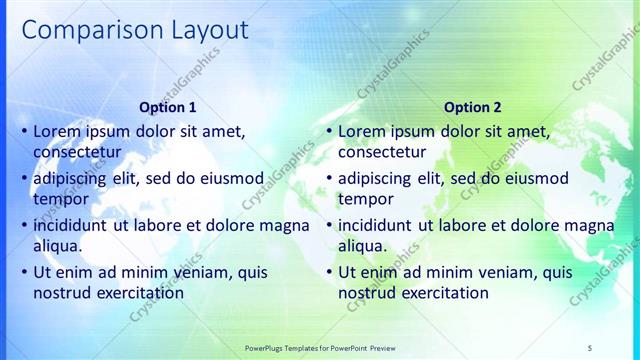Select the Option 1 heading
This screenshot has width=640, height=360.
click(168, 107)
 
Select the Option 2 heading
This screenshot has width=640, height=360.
click(473, 107)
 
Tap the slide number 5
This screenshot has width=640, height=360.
click(590, 347)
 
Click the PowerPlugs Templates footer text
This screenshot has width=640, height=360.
click(320, 347)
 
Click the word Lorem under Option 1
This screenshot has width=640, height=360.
click(58, 131)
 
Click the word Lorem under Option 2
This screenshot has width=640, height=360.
click(363, 131)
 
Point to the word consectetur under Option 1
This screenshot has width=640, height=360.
click(78, 152)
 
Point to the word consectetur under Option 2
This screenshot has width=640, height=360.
click(383, 152)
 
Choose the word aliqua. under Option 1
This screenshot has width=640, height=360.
click(57, 246)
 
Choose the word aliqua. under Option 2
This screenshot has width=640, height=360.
click(362, 246)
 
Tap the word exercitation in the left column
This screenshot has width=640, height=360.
click(138, 293)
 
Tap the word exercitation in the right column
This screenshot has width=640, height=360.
click(443, 293)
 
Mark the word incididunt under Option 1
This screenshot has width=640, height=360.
click(72, 225)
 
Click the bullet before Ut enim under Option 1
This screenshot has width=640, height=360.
click(24, 272)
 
